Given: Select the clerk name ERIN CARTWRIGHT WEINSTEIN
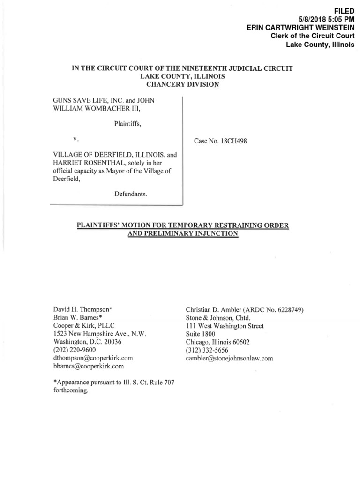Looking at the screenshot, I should coord(300,28).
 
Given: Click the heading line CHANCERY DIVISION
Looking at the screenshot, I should coord(182,84).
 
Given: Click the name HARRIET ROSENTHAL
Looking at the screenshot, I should coord(84,162).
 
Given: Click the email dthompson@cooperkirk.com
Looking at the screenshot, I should coord(88,358).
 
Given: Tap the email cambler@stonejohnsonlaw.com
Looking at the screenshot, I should coord(229,358).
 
